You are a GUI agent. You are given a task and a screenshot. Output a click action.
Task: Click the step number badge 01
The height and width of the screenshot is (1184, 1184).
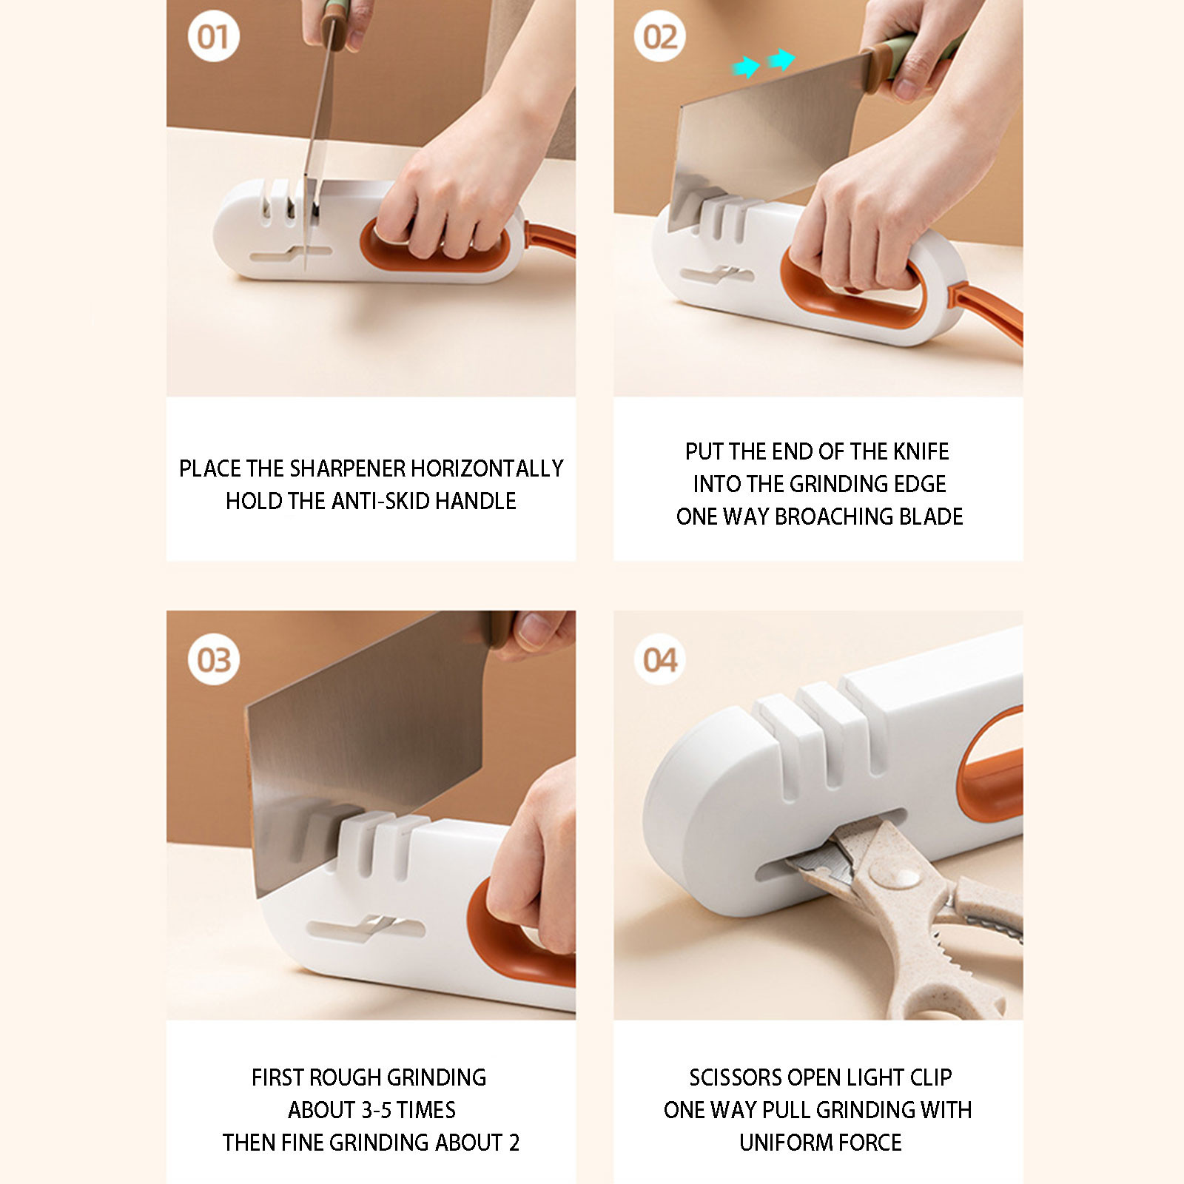213,36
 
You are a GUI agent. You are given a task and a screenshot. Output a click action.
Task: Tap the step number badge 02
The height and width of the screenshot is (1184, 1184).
659,36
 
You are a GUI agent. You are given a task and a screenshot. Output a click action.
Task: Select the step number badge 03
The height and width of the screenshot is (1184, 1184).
213,659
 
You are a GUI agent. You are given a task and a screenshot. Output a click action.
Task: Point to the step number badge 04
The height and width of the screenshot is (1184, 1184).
659,659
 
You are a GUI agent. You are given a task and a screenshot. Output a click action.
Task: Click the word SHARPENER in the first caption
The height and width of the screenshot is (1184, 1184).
347,468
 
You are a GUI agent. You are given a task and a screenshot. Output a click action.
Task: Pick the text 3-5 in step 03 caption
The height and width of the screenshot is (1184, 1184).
376,1110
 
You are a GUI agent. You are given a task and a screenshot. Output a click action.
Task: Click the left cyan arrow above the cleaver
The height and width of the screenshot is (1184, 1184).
747,68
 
